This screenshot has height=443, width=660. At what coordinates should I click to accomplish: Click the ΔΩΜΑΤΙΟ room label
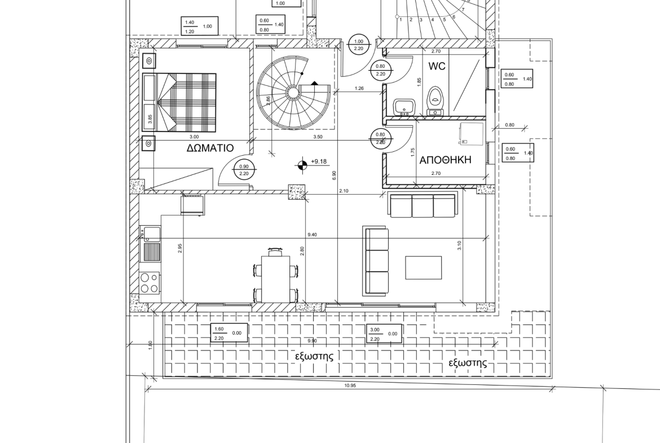coord(210,148)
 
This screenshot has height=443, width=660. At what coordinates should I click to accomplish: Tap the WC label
coord(437,66)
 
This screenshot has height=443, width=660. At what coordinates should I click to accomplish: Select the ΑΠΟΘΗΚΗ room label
coord(445,160)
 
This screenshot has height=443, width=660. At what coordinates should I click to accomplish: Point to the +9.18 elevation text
coord(319,161)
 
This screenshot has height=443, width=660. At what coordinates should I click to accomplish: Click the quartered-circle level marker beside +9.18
coord(301,165)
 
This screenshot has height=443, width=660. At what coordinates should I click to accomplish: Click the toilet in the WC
coord(435,101)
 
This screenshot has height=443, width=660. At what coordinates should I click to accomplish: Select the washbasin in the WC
coord(404,107)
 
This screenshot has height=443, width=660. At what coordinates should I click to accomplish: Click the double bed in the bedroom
coord(179,102)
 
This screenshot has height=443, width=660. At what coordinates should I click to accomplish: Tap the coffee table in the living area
coord(424,267)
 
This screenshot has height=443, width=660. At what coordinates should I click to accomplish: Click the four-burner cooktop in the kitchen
coord(150,283)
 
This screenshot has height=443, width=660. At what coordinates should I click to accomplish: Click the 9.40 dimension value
coord(313,235)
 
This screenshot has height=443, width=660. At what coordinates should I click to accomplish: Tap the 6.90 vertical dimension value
coord(334,176)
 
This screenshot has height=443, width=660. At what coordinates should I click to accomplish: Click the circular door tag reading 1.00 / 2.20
coord(359,45)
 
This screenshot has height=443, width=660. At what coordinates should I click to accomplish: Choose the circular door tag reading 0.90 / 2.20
coord(244,170)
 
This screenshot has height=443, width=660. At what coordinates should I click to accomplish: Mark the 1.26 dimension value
coord(359,89)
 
